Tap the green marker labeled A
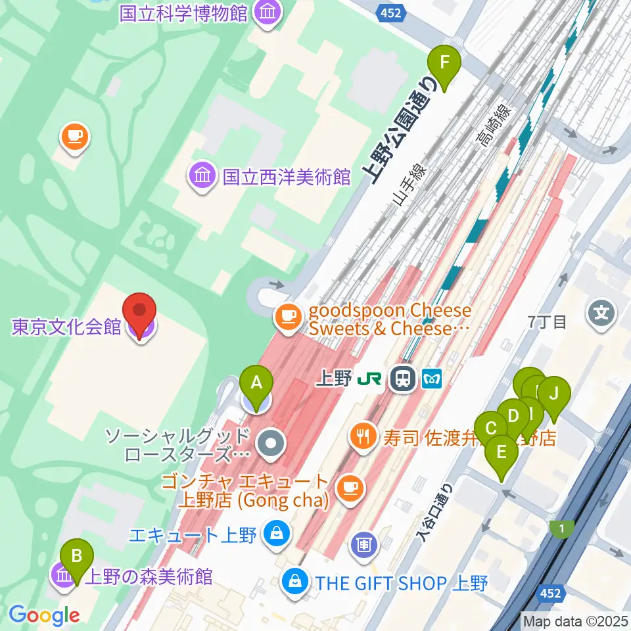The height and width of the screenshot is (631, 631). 257,385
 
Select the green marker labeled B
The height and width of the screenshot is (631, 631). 77,559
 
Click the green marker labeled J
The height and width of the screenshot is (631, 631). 553,397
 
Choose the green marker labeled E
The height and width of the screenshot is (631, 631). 502,456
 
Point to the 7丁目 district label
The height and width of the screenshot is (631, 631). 547,322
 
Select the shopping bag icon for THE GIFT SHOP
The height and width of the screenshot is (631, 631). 296,581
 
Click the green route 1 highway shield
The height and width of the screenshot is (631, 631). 562,528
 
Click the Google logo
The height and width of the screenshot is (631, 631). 44,615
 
